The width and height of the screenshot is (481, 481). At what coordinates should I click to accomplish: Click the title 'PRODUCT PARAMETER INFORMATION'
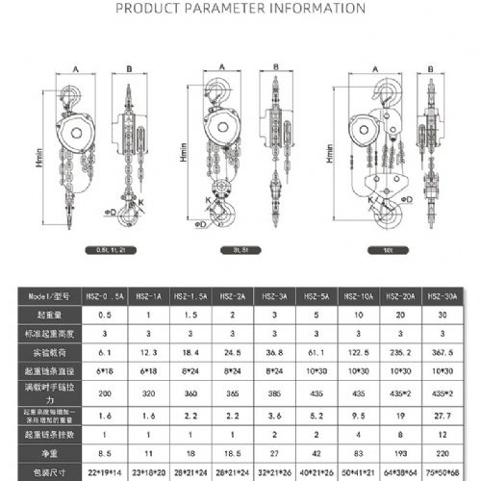coord(240,9)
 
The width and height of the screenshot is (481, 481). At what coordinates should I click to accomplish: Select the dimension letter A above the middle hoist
coord(222,67)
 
